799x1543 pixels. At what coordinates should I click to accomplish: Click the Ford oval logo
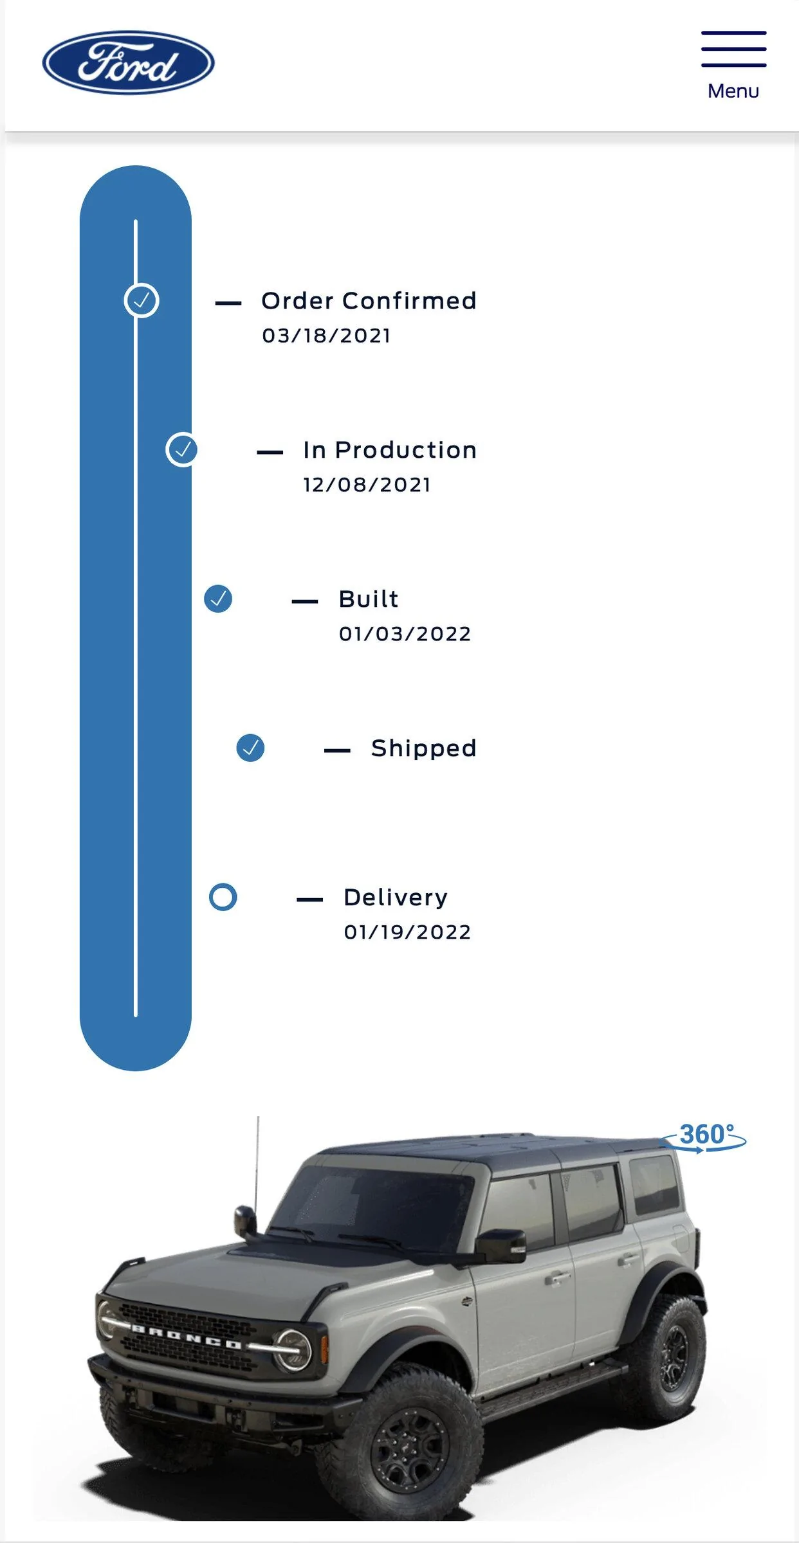[129, 62]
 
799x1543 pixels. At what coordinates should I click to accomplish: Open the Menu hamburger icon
[733, 49]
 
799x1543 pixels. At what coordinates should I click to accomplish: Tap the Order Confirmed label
[369, 301]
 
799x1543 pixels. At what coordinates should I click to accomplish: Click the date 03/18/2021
[326, 336]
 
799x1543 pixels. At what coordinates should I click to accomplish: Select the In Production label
[390, 450]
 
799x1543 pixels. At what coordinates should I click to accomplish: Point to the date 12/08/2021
[367, 485]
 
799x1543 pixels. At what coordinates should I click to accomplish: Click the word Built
[369, 599]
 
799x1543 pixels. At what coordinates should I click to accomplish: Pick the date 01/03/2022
[405, 634]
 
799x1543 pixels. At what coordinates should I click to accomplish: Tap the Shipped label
[424, 748]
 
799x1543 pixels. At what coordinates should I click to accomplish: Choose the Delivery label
[396, 898]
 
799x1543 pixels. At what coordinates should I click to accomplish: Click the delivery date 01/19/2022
[407, 932]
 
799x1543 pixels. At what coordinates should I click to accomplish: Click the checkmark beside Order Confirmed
[142, 300]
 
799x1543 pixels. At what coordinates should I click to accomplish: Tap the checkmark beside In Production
[183, 449]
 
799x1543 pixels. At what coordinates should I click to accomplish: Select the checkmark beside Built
[218, 599]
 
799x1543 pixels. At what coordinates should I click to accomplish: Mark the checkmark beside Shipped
[250, 748]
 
